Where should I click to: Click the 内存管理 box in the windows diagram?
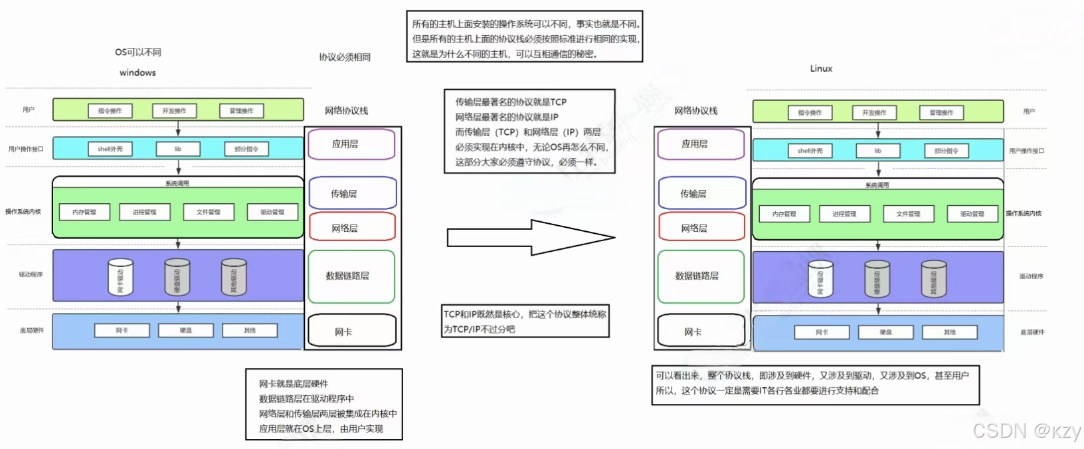click(x=84, y=212)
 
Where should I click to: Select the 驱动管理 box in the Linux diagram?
click(x=972, y=214)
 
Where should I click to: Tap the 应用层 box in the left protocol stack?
click(x=351, y=144)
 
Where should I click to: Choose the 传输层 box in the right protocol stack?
click(x=701, y=193)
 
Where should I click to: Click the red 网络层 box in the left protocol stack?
click(x=352, y=227)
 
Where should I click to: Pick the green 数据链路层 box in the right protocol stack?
click(x=701, y=276)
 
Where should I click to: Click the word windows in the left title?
click(x=137, y=72)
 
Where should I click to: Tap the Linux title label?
click(x=821, y=68)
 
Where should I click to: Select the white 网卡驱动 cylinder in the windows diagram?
click(x=120, y=277)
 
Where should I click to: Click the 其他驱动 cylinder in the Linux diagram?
click(x=934, y=279)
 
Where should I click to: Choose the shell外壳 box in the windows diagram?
click(x=110, y=149)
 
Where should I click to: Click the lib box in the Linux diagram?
click(x=877, y=151)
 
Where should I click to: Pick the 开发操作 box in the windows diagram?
click(x=174, y=111)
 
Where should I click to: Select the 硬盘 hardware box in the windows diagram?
click(x=186, y=330)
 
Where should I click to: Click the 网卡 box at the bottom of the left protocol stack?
click(x=352, y=331)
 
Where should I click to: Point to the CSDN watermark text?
click(x=1027, y=431)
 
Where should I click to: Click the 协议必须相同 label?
click(x=345, y=57)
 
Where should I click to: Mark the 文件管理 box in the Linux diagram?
click(x=908, y=214)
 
